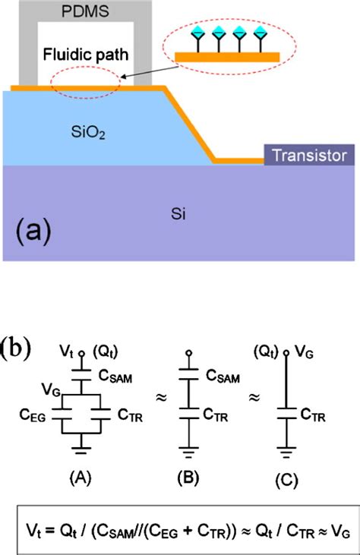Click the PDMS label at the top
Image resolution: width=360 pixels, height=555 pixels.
point(85,12)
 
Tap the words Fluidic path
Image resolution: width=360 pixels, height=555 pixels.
point(85,56)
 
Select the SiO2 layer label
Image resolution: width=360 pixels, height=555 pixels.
point(85,134)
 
